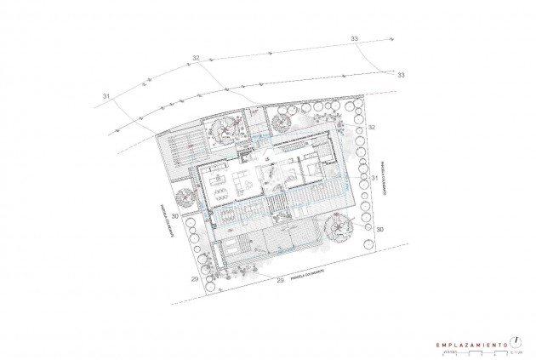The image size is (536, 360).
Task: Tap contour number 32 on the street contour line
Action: click(197, 58)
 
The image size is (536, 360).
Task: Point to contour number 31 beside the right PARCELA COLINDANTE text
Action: click(374, 178)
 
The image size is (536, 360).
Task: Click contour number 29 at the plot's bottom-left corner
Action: click(195, 279)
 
